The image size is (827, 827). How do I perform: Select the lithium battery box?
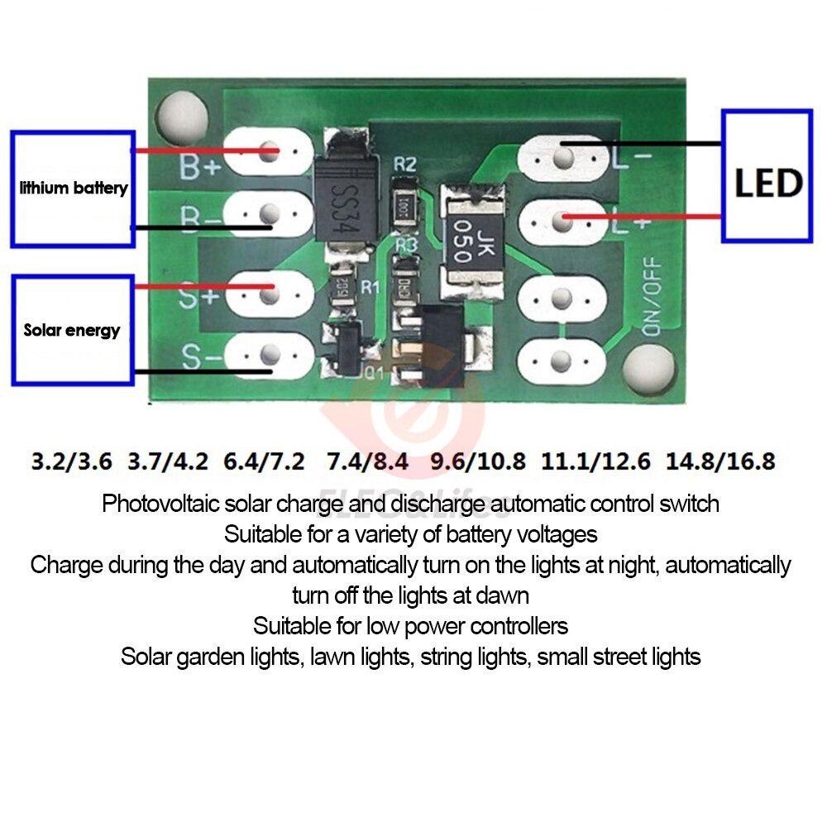[73, 189]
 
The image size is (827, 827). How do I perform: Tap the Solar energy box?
[73, 330]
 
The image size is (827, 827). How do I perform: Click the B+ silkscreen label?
[200, 168]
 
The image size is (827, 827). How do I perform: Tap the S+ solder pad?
[269, 289]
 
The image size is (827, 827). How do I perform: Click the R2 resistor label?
[404, 164]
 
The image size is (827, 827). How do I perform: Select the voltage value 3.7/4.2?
[169, 460]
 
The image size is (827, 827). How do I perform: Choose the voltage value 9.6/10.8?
[478, 460]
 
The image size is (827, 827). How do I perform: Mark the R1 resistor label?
[368, 288]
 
